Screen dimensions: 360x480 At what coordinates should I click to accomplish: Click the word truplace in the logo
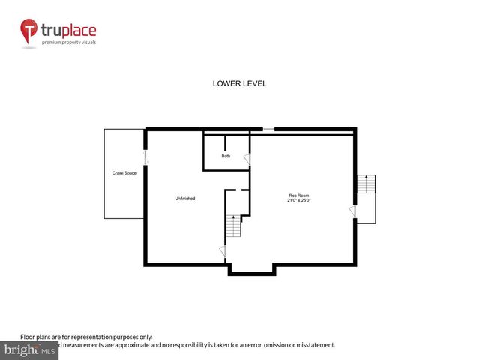pyautogui.click(x=68, y=31)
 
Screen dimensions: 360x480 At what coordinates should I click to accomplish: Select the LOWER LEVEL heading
pyautogui.click(x=240, y=84)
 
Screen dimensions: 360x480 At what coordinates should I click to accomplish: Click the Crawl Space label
pyautogui.click(x=124, y=173)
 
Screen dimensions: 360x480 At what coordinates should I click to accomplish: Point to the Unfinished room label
pyautogui.click(x=185, y=198)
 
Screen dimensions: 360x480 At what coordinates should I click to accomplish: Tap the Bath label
pyautogui.click(x=226, y=156)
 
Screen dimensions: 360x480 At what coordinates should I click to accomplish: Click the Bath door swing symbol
pyautogui.click(x=248, y=160)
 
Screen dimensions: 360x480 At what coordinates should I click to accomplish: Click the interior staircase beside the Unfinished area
pyautogui.click(x=234, y=225)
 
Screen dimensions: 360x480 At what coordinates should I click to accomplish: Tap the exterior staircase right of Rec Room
pyautogui.click(x=366, y=184)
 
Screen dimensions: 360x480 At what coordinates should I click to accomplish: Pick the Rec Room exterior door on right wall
pyautogui.click(x=352, y=213)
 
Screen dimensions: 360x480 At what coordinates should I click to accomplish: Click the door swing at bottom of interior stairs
pyautogui.click(x=222, y=251)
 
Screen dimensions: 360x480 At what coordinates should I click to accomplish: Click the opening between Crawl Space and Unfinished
pyautogui.click(x=145, y=158)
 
